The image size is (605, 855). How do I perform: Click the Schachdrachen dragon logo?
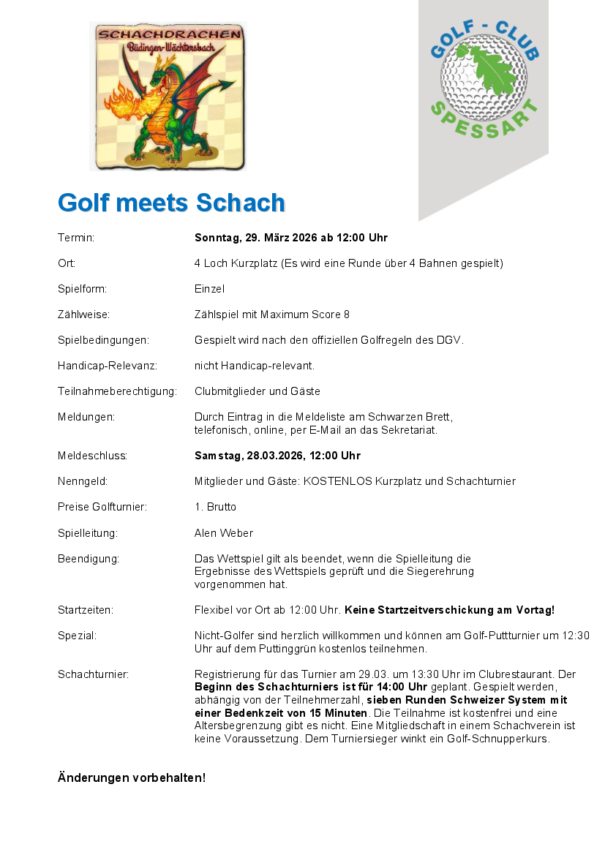168,96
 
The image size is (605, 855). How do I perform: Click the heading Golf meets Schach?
171,203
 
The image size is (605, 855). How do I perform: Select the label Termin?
77,238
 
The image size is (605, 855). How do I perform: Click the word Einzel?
209,289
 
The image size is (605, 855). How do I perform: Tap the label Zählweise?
84,314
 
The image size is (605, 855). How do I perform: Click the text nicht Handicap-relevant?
255,365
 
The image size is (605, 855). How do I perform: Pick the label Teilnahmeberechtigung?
118,391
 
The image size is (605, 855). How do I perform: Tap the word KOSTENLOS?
339,481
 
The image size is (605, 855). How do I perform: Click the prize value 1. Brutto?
215,507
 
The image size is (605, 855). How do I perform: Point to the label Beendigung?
89,559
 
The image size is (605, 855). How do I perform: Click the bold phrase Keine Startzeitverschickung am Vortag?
449,609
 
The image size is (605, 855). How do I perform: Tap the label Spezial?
78,636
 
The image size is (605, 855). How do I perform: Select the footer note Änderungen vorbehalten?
132,777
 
